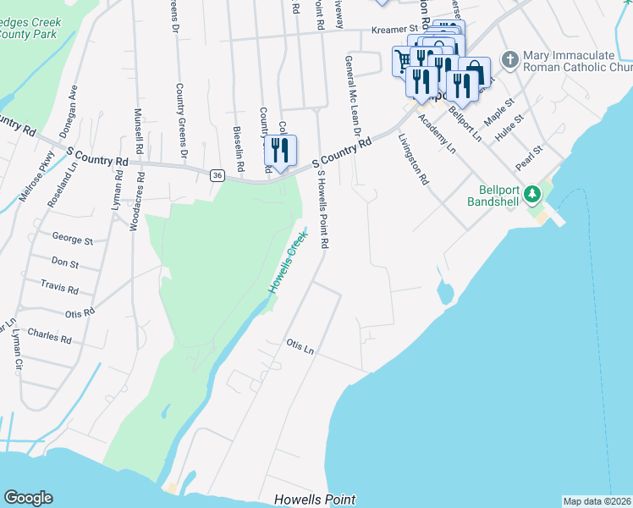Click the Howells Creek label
pos(286,266)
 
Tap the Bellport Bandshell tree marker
pos(532,195)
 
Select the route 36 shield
pos(217,174)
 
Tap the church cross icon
pos(509,59)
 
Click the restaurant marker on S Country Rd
pos(280,151)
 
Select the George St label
pos(72,240)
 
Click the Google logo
pos(28,498)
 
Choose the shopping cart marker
pos(404,59)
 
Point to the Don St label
pos(64,263)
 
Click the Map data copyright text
pos(597,501)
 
